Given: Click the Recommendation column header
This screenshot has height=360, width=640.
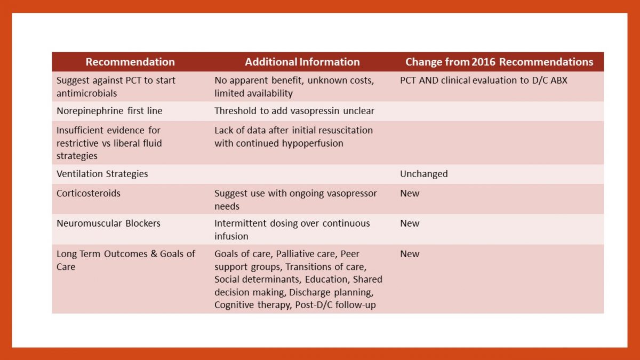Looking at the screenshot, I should (130, 62).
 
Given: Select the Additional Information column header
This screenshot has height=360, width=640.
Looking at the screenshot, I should (302, 62).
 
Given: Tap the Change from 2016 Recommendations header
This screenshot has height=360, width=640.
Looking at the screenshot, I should (499, 62).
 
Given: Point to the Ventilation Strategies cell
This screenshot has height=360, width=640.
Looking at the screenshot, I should (102, 174).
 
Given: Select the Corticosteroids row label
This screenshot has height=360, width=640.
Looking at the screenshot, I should (89, 193).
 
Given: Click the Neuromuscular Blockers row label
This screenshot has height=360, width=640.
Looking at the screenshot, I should (108, 223).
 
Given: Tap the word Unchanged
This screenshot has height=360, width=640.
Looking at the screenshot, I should (424, 174).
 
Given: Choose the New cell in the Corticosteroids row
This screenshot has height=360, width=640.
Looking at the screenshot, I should (410, 193).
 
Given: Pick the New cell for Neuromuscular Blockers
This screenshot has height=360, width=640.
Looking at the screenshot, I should (410, 223).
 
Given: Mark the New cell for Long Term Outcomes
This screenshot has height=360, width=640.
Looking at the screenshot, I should (410, 254).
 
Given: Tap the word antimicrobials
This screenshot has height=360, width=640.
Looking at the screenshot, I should (86, 93).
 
